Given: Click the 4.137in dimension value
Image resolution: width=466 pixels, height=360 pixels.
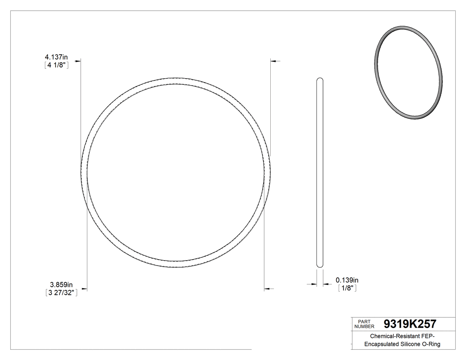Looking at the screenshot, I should [56, 57].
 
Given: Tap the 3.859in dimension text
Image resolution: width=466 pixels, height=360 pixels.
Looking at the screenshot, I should [61, 284].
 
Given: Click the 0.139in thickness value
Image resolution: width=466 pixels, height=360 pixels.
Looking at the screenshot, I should [347, 280].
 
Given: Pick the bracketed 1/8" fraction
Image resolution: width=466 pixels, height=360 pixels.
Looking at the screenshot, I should [348, 288].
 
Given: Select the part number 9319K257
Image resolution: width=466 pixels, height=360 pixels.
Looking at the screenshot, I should [409, 324].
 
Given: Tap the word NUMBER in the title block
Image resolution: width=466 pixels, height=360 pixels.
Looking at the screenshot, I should [365, 326].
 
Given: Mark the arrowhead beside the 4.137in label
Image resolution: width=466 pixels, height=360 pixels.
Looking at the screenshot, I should [78, 61].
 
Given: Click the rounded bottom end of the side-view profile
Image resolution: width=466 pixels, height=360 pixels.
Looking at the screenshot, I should [320, 265].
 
